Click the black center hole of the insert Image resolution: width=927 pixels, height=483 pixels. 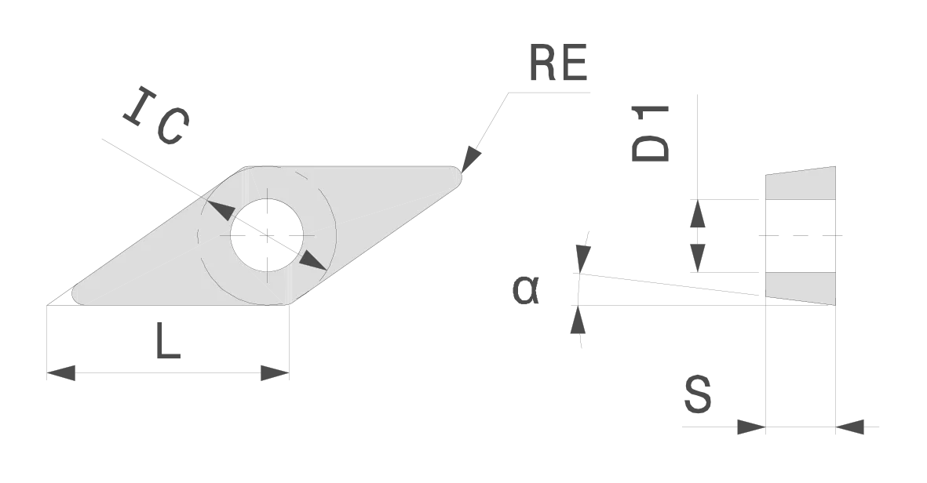(266, 236)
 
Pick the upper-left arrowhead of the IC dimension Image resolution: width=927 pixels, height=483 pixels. (219, 209)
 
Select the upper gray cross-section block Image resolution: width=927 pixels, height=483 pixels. (801, 182)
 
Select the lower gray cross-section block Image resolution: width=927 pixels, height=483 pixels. (801, 287)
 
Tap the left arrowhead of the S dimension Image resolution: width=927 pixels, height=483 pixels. (750, 429)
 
